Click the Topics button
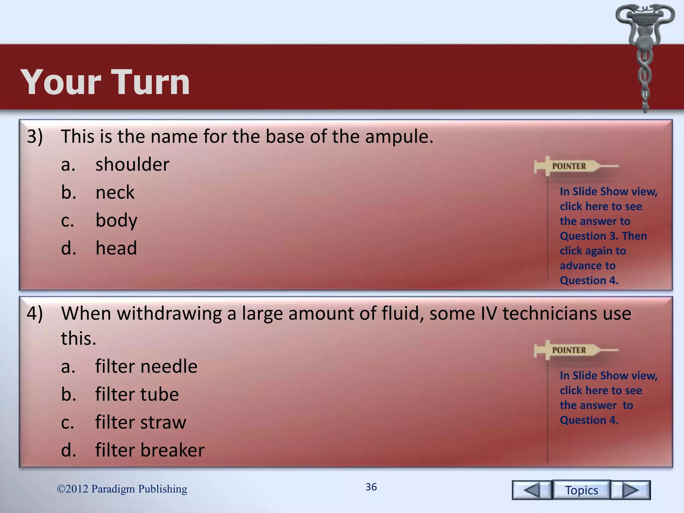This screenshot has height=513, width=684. tap(581, 490)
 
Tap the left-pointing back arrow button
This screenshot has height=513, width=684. tap(532, 490)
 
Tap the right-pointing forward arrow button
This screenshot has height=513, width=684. tap(631, 490)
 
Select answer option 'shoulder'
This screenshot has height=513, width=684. tap(132, 164)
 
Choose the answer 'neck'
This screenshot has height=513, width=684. tap(115, 192)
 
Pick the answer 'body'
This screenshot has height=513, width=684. tap(116, 220)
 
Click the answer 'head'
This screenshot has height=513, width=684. tap(116, 248)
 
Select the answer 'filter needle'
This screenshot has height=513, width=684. tap(146, 366)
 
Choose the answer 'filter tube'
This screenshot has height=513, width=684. tap(137, 394)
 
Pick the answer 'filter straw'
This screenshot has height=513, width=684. tap(141, 422)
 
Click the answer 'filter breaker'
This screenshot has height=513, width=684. tap(150, 450)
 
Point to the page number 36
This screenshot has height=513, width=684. tap(371, 487)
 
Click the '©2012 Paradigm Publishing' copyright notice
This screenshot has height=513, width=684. tap(122, 489)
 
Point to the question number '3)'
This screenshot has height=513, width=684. tap(35, 137)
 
